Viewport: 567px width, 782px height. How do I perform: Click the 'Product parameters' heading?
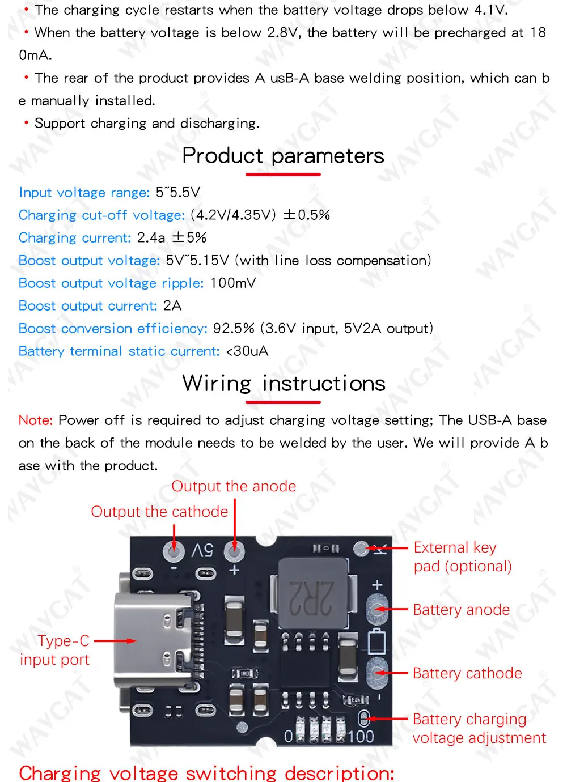point(283,156)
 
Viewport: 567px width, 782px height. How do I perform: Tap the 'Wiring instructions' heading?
point(283,384)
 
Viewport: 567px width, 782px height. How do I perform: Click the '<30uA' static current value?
point(247,351)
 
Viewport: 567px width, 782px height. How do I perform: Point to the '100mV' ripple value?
point(233,283)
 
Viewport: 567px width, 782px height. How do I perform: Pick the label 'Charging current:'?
point(75,238)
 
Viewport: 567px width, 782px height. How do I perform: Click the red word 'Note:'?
point(35,420)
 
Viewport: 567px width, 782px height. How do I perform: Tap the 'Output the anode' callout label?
point(234,486)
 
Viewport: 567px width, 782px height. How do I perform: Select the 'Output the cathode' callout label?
point(159,512)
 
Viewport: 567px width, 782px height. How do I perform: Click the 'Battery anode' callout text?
point(461,610)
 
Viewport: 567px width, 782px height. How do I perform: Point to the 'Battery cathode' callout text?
point(467,673)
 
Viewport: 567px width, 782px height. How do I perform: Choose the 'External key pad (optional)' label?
point(462,556)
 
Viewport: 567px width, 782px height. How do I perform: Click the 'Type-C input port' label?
point(55,650)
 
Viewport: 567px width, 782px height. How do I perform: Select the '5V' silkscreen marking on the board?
point(202,550)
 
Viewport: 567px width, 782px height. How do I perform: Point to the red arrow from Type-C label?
point(115,641)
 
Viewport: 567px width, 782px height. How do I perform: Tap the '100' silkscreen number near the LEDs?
point(361,736)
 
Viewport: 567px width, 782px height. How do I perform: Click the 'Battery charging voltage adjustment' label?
point(479,728)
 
